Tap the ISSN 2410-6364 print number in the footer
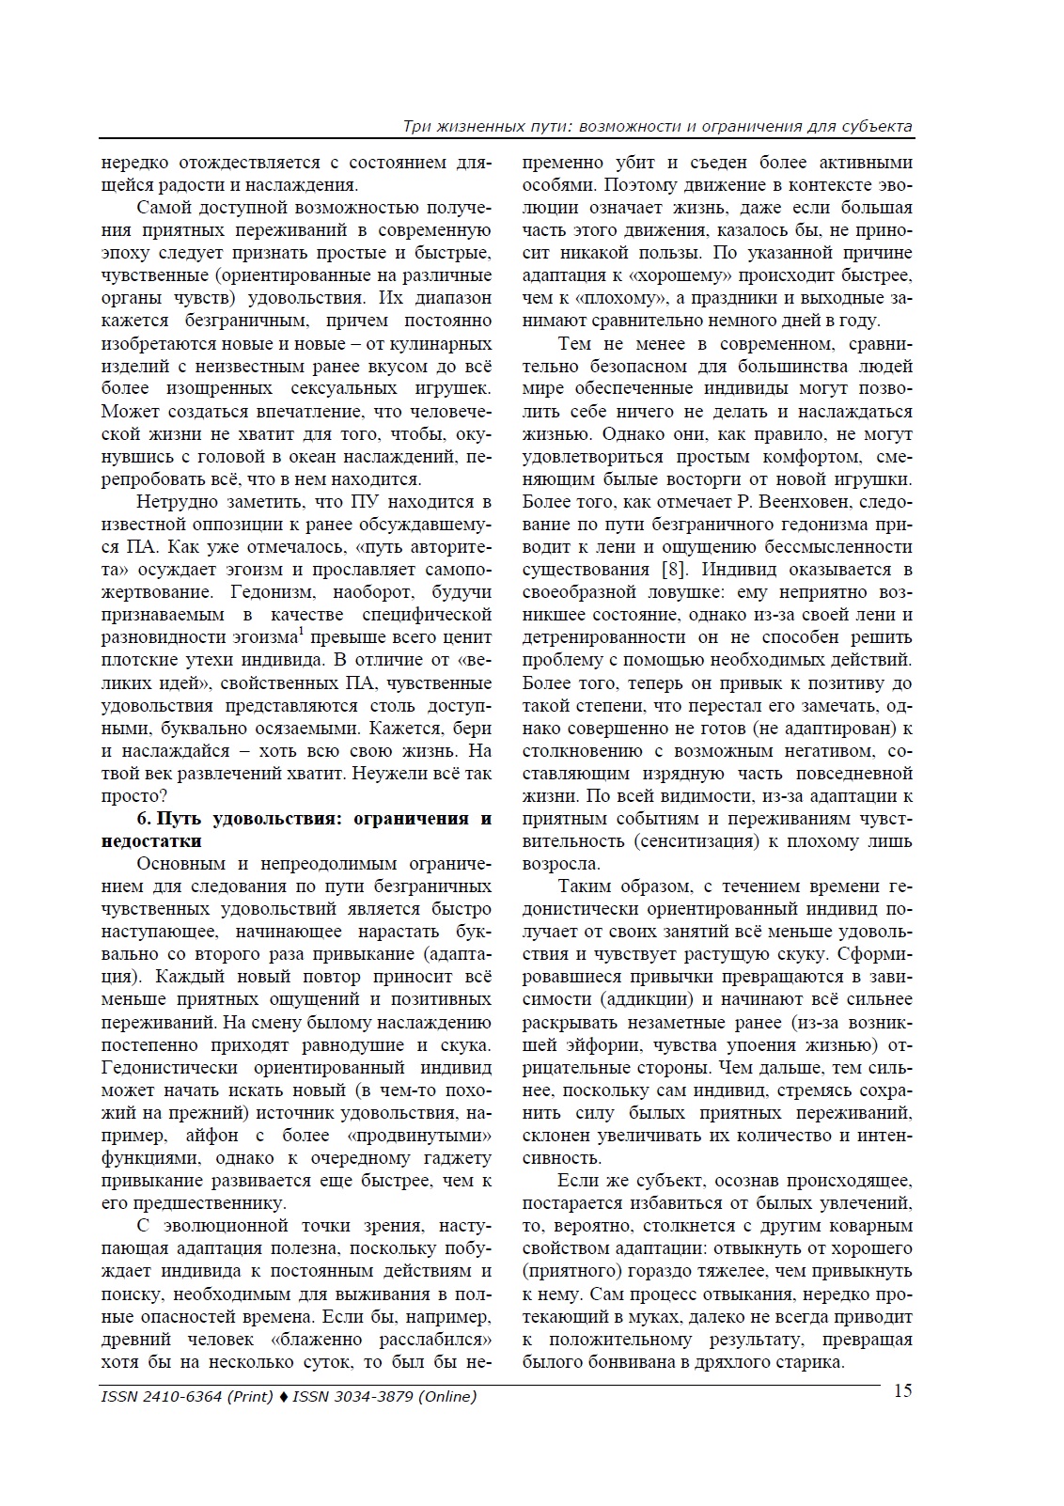click(x=162, y=1397)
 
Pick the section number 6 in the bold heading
click(x=143, y=819)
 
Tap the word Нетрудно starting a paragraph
click(x=175, y=502)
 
